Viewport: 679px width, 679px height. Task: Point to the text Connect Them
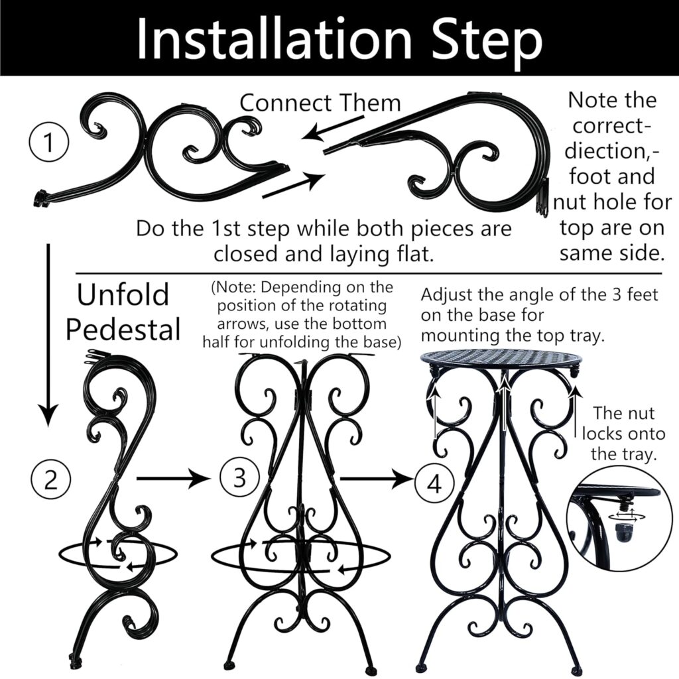[x=320, y=103]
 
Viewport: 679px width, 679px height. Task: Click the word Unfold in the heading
[x=123, y=295]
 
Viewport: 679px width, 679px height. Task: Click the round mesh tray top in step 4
[x=501, y=358]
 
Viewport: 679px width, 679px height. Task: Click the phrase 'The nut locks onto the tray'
[x=623, y=434]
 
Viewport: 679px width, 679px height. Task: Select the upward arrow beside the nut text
[x=575, y=415]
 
